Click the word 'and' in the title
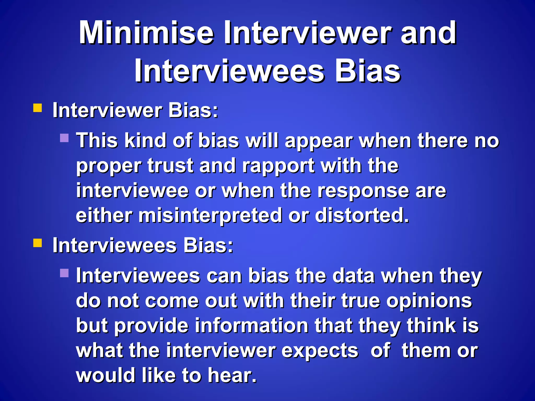pyautogui.click(x=428, y=33)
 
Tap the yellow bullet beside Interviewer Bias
pyautogui.click(x=38, y=108)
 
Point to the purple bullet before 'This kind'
pyautogui.click(x=64, y=138)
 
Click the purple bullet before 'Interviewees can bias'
pyautogui.click(x=64, y=273)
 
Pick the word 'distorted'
pyautogui.click(x=362, y=216)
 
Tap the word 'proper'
pyautogui.click(x=109, y=167)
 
